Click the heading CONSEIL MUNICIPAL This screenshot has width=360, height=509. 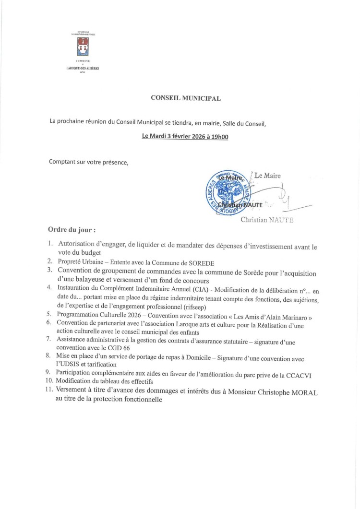tap(186, 98)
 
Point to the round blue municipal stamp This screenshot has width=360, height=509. tap(228, 192)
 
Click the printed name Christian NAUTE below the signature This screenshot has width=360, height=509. tap(267, 220)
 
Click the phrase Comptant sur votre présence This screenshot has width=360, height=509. tap(89, 162)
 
